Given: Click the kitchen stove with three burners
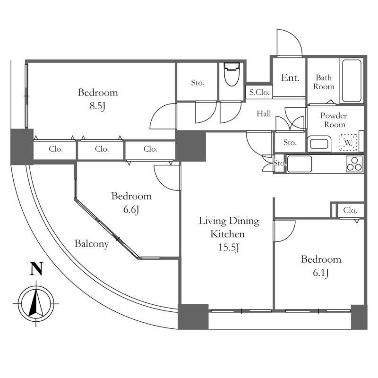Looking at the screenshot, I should pyautogui.click(x=354, y=163).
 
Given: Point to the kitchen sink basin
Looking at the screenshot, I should pyautogui.click(x=300, y=164).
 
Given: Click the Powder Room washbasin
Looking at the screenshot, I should pyautogui.click(x=320, y=143).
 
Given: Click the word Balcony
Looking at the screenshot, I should pyautogui.click(x=92, y=244).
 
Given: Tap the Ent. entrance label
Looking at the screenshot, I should pyautogui.click(x=290, y=78).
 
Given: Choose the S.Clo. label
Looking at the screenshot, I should pyautogui.click(x=259, y=93).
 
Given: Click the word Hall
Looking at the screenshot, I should pyautogui.click(x=264, y=113).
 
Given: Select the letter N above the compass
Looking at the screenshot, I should pyautogui.click(x=36, y=269).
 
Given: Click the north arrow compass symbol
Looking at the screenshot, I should pyautogui.click(x=36, y=302).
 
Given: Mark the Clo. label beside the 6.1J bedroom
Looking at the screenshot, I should pyautogui.click(x=350, y=210).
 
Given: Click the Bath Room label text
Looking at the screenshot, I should pyautogui.click(x=325, y=82).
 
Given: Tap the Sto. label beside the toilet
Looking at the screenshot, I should pyautogui.click(x=198, y=83).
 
